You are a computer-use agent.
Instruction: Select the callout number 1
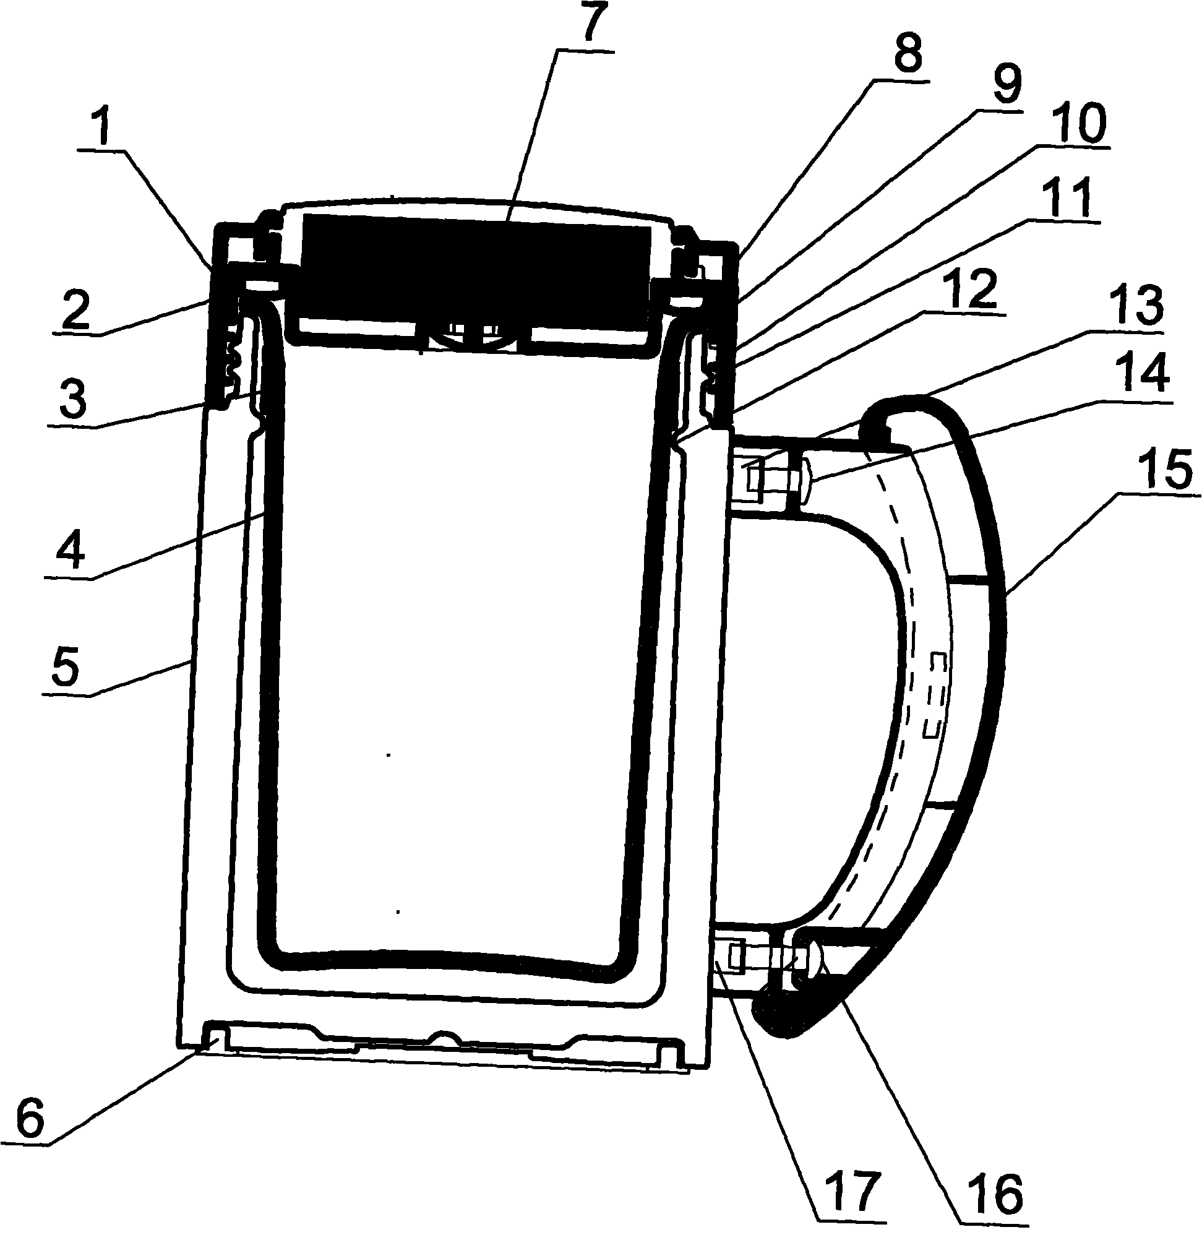tap(102, 127)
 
